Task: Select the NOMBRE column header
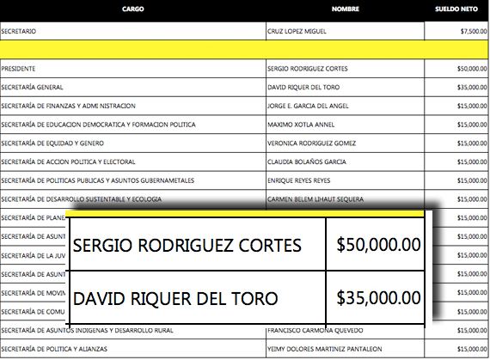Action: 345,9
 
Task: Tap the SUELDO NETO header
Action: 456,9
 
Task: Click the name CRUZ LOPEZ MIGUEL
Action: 297,31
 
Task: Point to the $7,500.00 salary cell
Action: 474,31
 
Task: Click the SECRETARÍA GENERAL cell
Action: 32,87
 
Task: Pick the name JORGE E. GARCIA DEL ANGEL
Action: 310,106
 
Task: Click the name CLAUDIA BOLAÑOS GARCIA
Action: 306,162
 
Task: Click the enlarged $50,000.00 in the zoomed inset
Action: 378,245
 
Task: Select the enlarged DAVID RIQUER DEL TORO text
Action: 176,299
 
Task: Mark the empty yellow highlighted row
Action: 245,49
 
